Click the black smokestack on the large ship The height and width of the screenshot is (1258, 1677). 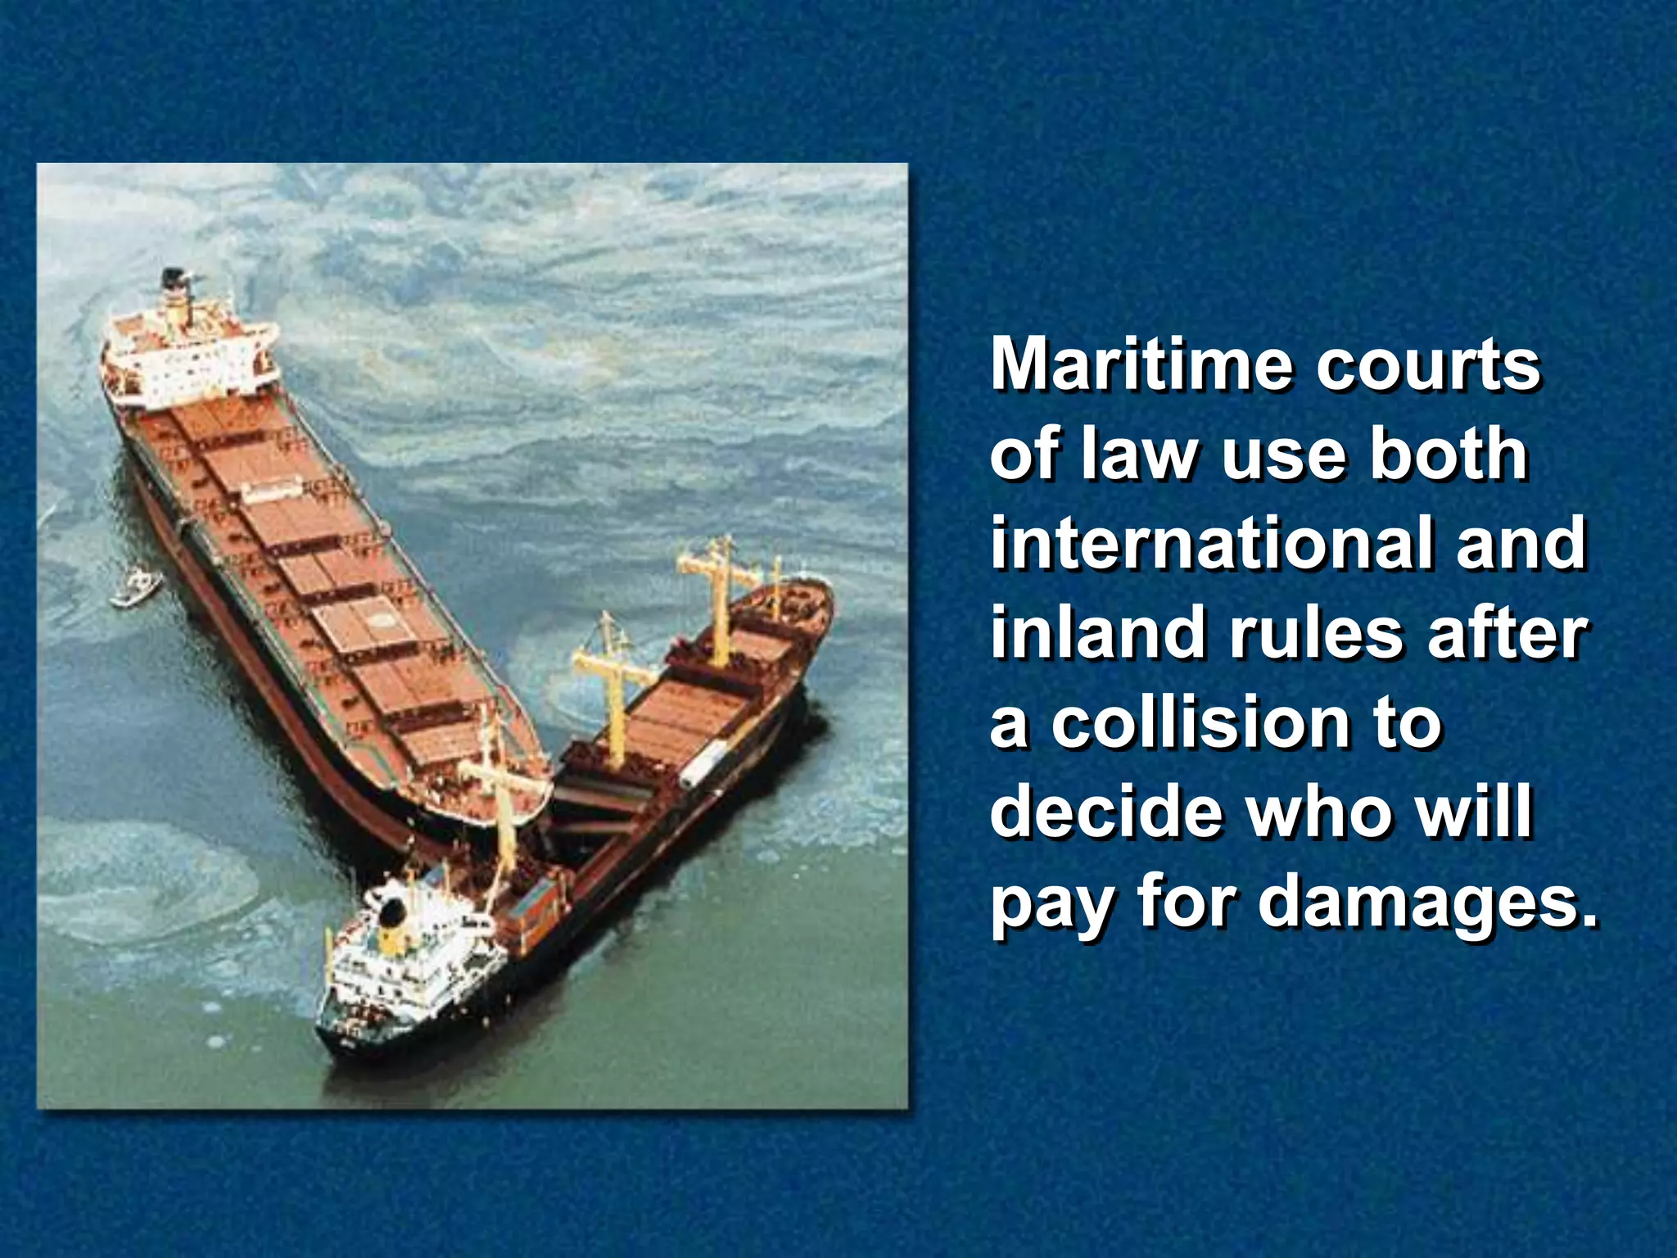coord(173,280)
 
